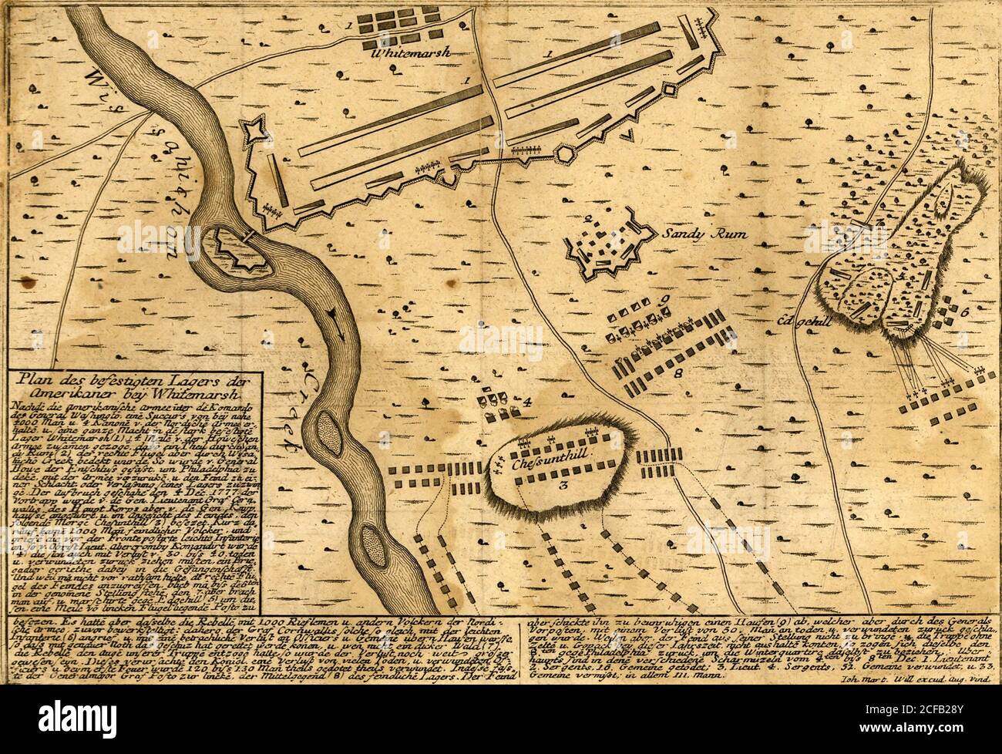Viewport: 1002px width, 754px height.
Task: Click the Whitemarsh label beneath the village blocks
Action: pyautogui.click(x=409, y=53)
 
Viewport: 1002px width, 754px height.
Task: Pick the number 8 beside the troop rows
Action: pyautogui.click(x=678, y=372)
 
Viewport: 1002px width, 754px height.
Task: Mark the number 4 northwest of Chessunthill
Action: pyautogui.click(x=527, y=401)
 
